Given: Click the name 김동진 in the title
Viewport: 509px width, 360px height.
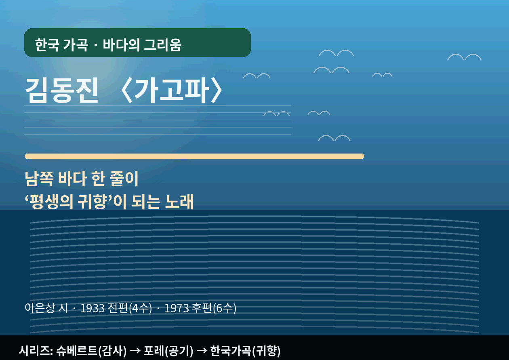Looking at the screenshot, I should click(x=62, y=90).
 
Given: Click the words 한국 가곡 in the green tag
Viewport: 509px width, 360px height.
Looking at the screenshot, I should click(x=61, y=45).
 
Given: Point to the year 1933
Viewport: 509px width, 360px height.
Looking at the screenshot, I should click(x=93, y=308).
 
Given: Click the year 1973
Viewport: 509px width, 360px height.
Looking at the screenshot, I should click(x=177, y=308).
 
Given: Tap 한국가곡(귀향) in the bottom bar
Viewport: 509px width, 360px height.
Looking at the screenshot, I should click(x=245, y=350).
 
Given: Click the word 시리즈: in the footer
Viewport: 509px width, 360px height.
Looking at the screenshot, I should click(x=36, y=350).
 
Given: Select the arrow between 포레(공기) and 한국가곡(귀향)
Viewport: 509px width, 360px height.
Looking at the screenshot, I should click(x=201, y=350).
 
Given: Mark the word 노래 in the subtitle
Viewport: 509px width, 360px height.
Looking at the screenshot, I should click(x=179, y=202).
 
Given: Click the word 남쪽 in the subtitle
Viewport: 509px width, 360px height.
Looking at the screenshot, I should click(x=38, y=179).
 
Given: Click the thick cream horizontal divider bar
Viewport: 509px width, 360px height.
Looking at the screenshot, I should click(x=194, y=156).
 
